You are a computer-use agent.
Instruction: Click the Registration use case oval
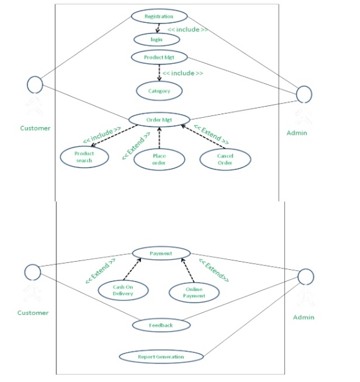coord(159,16)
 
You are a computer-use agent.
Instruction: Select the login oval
coord(157,39)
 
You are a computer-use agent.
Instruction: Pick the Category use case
coord(160,91)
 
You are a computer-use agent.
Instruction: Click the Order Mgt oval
coord(159,119)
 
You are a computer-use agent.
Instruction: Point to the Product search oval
coord(84,157)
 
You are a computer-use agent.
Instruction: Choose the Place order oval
coord(159,159)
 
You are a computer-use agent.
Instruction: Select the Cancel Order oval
coord(225,159)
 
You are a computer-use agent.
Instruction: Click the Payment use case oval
coord(161,253)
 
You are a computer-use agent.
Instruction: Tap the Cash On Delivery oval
coord(124,290)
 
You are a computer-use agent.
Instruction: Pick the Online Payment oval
coord(194,292)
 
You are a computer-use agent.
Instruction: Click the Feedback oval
coord(161,324)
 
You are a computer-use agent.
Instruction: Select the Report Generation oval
coord(161,357)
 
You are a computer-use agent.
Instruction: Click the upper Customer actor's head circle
coord(35,84)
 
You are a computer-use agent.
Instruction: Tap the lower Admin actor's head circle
coord(306,277)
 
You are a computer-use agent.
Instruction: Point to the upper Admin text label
coord(297,133)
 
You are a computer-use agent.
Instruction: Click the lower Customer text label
coord(33,313)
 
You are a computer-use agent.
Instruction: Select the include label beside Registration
coord(187,29)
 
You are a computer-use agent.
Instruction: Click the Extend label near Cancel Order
coord(212,134)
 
